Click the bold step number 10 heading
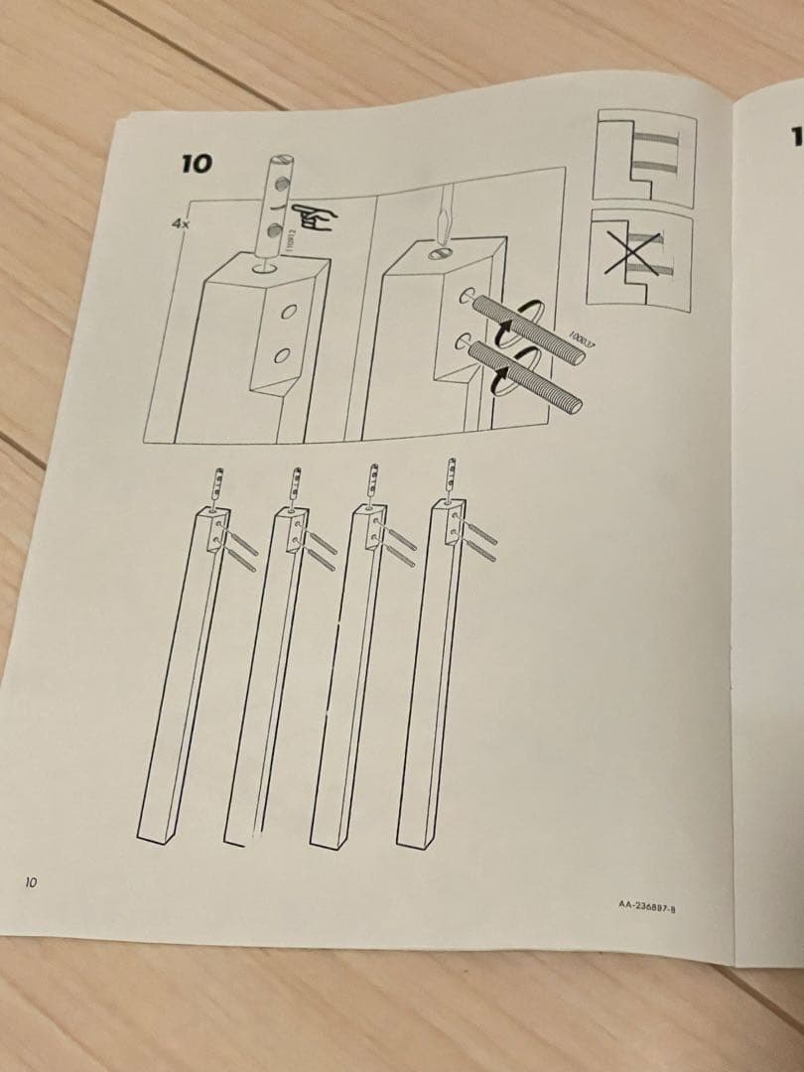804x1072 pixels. point(197,163)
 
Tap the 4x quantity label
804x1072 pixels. point(180,225)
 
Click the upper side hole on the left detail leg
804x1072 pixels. point(288,311)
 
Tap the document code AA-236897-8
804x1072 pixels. point(646,904)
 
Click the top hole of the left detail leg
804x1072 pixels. point(266,266)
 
